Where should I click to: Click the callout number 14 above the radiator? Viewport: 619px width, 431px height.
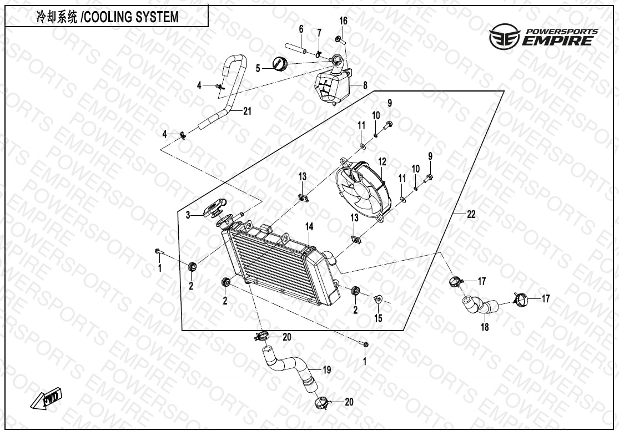click(x=309, y=227)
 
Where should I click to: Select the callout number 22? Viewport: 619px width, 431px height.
click(x=471, y=215)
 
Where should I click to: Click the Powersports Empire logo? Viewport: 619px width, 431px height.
click(x=543, y=36)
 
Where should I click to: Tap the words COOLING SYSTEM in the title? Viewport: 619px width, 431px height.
click(x=131, y=17)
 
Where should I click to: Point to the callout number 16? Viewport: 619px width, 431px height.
click(x=344, y=21)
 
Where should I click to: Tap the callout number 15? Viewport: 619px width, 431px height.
click(x=378, y=318)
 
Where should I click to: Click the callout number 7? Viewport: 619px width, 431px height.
click(x=319, y=33)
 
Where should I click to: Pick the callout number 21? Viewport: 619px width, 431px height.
click(x=246, y=111)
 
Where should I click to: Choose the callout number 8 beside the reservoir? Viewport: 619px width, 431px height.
click(x=365, y=85)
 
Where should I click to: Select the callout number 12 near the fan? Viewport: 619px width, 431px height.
click(x=382, y=161)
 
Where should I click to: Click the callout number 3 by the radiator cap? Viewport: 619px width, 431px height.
click(x=188, y=215)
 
